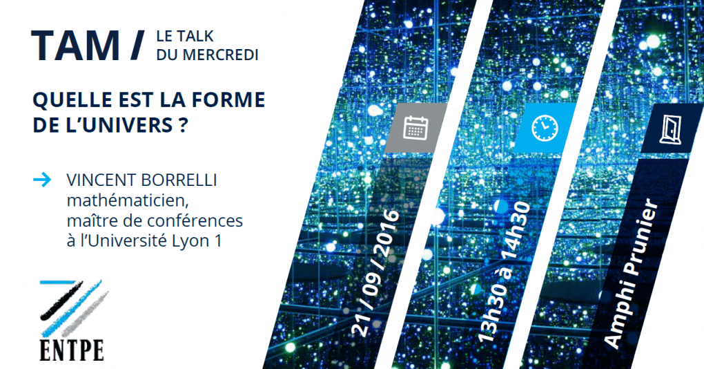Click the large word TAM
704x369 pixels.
tap(75, 46)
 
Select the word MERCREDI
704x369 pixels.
tap(220, 55)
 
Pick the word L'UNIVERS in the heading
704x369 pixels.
tap(116, 125)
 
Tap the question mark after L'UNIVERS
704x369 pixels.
tap(182, 125)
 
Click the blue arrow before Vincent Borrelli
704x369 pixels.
tap(42, 180)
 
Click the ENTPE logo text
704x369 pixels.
tap(72, 350)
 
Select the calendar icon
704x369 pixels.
tap(415, 128)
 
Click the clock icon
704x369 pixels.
tap(545, 128)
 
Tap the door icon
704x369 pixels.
tap(670, 129)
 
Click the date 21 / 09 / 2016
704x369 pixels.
tap(375, 273)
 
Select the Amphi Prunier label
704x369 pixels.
tap(632, 273)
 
